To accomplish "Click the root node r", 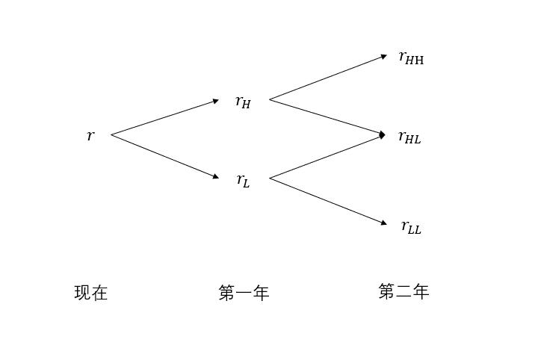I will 90,136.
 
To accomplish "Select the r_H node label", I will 243,102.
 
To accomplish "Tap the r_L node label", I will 243,180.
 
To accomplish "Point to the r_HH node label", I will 411,58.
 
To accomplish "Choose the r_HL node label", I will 409,137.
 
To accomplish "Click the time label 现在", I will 91,293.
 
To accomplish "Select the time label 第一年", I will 244,293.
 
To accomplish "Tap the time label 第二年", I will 403,291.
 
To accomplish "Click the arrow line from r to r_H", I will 164,117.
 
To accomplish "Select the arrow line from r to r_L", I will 164,156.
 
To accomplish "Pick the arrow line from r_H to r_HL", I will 327,117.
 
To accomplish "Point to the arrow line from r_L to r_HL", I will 327,157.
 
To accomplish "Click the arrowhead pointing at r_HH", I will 384,56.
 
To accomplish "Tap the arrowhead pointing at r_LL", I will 384,223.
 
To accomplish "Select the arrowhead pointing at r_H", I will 216,101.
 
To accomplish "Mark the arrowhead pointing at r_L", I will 216,177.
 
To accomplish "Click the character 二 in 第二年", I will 403,291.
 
